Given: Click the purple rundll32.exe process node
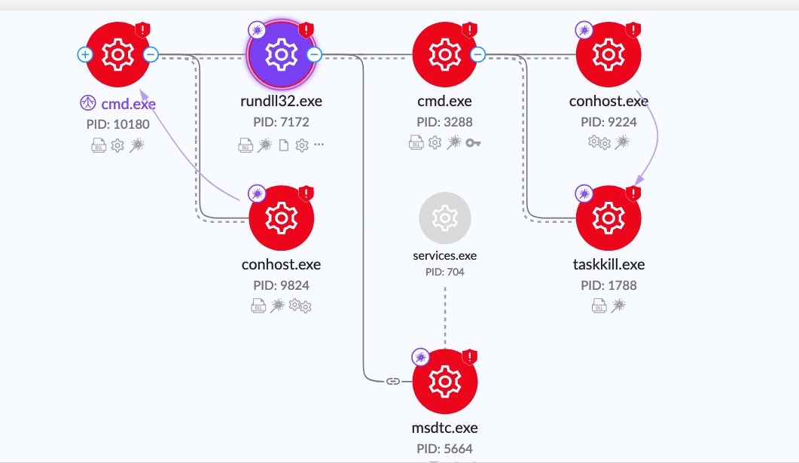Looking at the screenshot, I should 282,54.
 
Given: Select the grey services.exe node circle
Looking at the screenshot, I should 445,218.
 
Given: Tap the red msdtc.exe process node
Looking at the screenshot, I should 445,382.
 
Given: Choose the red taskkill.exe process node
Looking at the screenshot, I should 608,218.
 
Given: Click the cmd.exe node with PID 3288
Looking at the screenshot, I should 445,54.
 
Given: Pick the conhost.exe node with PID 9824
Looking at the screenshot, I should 282,218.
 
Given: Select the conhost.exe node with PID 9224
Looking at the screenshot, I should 608,54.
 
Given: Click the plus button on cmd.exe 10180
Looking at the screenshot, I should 84,54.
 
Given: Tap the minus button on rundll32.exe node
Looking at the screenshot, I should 315,54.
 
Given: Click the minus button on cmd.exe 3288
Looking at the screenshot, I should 477,54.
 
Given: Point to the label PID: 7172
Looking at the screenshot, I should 282,122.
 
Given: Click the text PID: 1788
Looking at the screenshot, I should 608,285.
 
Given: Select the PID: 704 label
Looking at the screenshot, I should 445,271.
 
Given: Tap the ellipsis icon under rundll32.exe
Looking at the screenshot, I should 319,143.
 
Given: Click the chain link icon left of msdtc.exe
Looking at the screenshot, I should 392,381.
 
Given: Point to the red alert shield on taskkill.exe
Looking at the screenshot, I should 633,193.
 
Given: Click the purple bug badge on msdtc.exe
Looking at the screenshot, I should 420,356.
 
